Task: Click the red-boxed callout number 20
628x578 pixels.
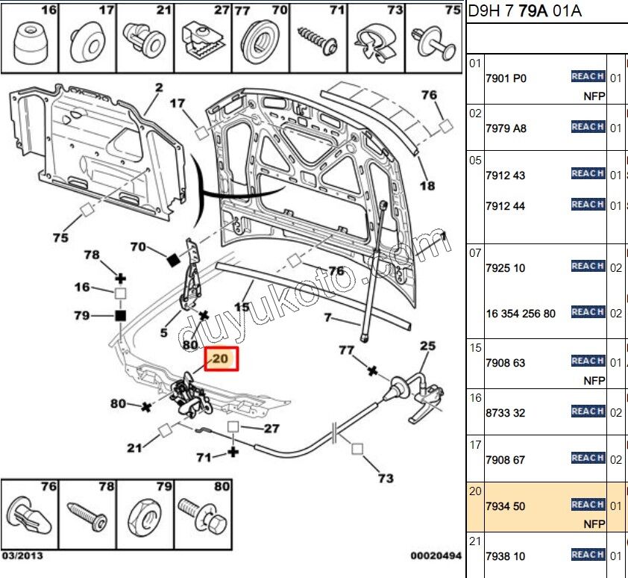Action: (x=221, y=359)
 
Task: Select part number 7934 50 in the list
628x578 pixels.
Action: (x=505, y=506)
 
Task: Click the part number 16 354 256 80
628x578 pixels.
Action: (x=520, y=314)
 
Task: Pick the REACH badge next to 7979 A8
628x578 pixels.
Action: (x=587, y=127)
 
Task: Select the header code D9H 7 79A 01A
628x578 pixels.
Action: (x=524, y=10)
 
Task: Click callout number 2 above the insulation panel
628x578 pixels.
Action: (x=158, y=88)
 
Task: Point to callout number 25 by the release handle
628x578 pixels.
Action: (x=427, y=346)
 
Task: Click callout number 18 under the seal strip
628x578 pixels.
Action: (x=427, y=185)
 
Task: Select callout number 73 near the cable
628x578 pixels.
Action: (x=386, y=478)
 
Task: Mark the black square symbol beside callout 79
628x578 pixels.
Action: (x=119, y=316)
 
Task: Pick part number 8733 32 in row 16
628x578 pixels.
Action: (x=505, y=413)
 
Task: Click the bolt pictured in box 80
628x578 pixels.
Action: (x=203, y=516)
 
